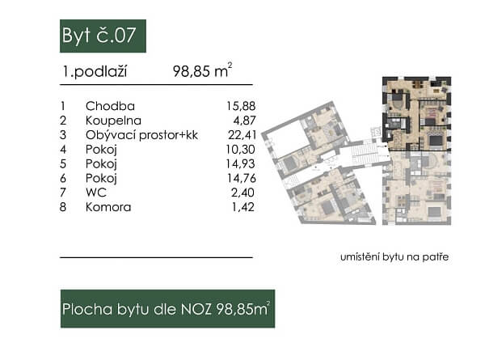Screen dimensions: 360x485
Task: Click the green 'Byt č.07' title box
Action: pyautogui.click(x=103, y=36)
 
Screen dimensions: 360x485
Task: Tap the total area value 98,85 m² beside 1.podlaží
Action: pyautogui.click(x=202, y=71)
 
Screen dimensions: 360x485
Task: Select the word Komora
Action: pyautogui.click(x=107, y=207)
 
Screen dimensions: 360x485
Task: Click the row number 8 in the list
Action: pyautogui.click(x=63, y=207)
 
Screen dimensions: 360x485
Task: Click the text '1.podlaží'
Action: pyautogui.click(x=94, y=71)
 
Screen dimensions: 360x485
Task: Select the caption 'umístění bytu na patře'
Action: pyautogui.click(x=394, y=257)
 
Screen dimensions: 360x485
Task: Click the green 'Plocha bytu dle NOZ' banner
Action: pyautogui.click(x=167, y=308)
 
